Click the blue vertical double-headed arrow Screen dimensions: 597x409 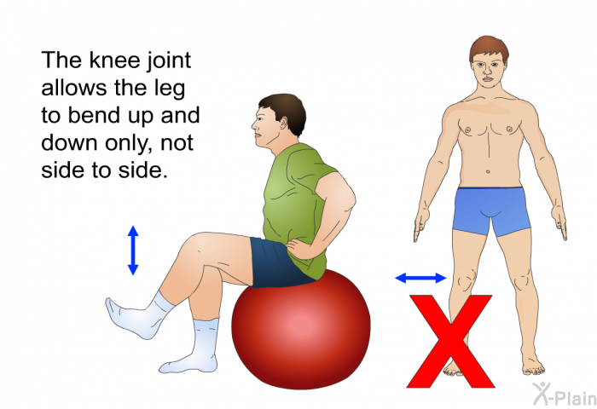133,250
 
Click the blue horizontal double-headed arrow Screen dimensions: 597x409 420,278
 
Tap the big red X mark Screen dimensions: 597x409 450,341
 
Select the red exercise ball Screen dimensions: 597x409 301,329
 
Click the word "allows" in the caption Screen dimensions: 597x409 74,88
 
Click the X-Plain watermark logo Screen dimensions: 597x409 565,394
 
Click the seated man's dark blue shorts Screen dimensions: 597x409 278,263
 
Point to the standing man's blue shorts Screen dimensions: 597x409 491,210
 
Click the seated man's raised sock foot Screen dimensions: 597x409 137,315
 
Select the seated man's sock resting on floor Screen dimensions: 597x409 194,349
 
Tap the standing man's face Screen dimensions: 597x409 489,71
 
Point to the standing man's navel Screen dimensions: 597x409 488,171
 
